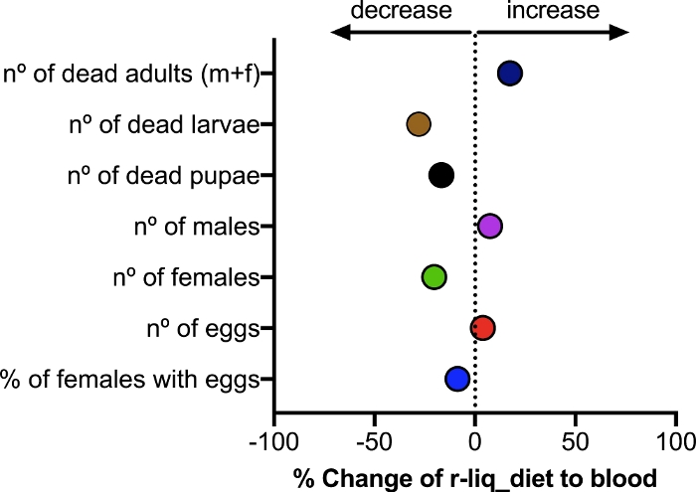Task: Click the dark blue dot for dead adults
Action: coord(510,74)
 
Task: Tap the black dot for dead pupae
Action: coord(441,176)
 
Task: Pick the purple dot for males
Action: coord(489,227)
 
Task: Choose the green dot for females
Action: coord(434,277)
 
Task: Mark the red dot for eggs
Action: coord(483,328)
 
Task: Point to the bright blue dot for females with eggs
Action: coord(457,379)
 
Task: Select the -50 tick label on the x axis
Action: coord(373,439)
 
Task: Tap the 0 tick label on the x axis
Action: coord(475,439)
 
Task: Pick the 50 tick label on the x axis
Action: coord(576,439)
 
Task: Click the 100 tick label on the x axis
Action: coord(676,439)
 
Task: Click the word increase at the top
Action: coord(553,11)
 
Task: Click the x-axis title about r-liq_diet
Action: coord(475,477)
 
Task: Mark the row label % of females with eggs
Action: coord(131,379)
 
